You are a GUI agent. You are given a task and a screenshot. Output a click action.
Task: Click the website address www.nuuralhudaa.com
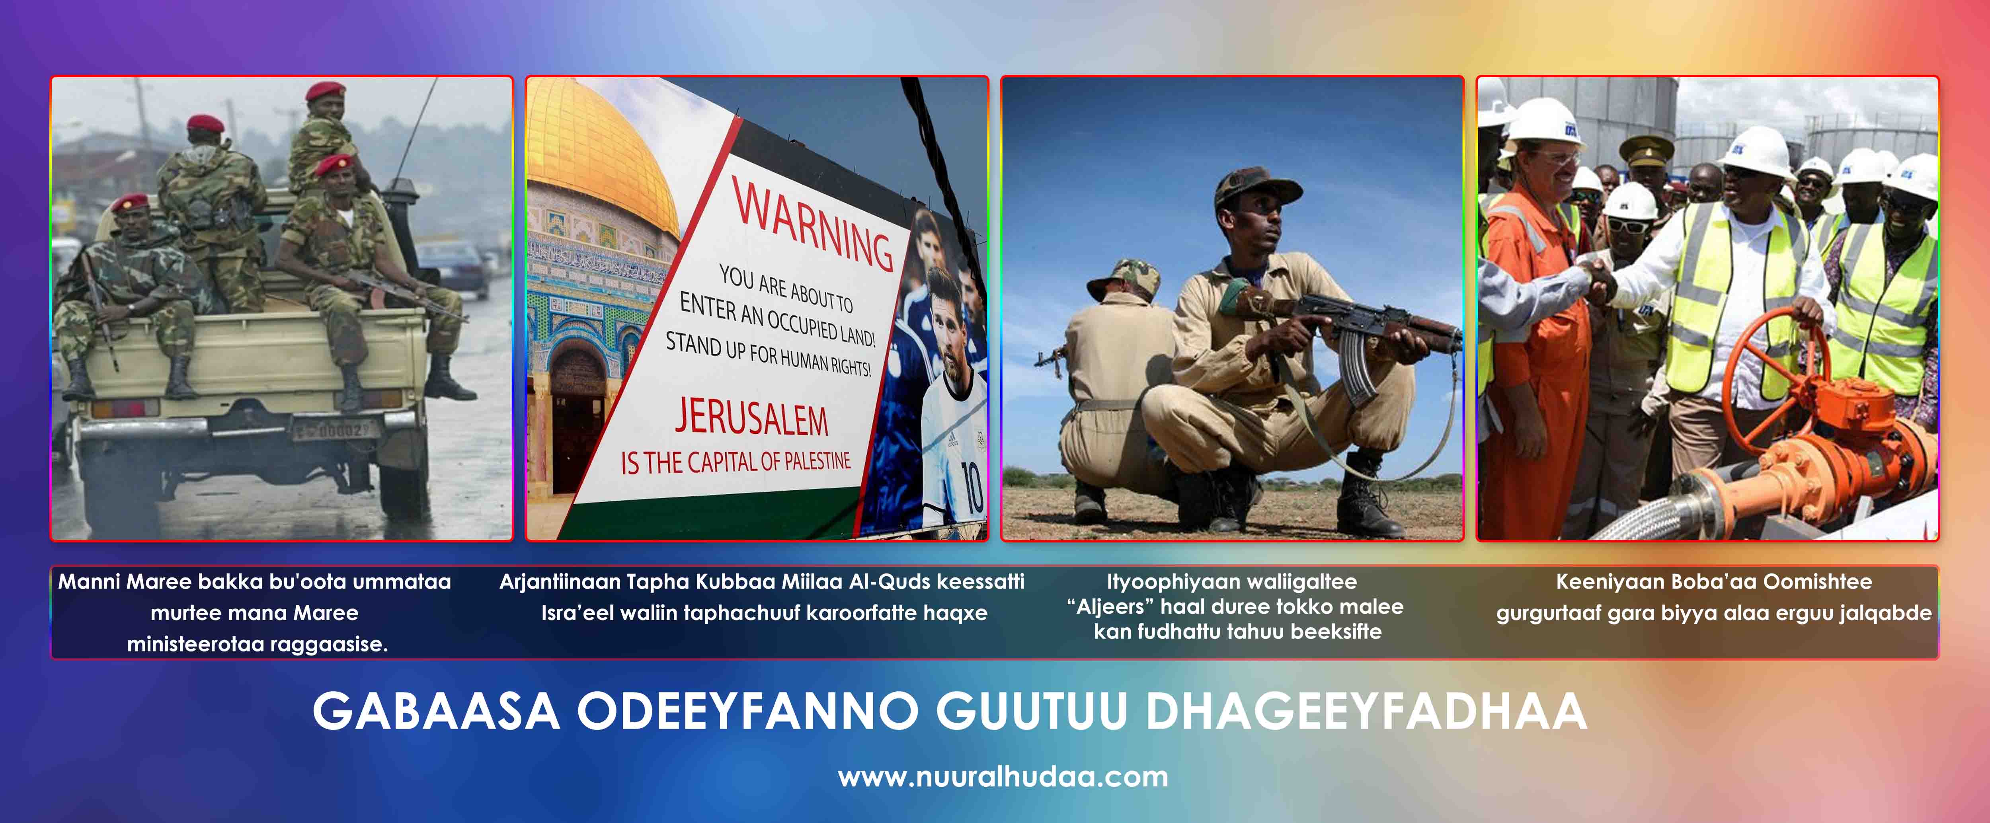point(1003,776)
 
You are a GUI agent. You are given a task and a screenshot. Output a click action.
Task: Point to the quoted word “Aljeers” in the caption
point(1111,607)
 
